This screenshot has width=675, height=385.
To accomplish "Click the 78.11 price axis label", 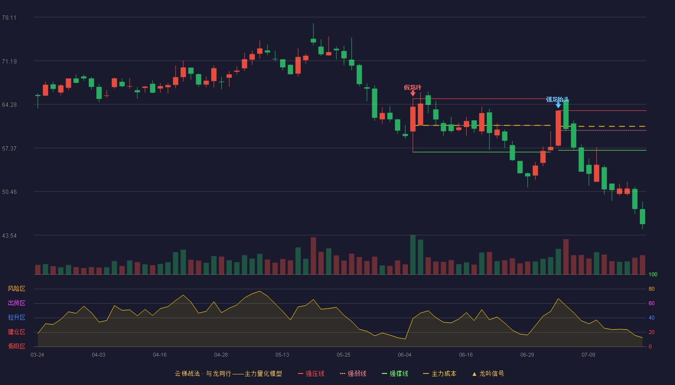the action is [x=9, y=18].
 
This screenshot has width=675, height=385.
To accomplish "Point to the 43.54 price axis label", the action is [x=9, y=236].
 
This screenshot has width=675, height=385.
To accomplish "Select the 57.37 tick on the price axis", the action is [x=9, y=149].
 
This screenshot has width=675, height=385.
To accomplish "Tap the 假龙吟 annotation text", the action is [x=413, y=88].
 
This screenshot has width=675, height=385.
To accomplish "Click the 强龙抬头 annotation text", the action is [x=557, y=100].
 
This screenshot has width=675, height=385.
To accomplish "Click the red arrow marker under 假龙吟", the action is [x=413, y=93].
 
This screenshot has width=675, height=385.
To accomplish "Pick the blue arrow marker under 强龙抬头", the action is [x=558, y=105].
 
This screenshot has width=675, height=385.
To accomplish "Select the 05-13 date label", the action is [x=282, y=355].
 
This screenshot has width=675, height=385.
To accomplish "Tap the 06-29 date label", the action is [x=527, y=355].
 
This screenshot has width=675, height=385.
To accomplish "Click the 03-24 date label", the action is [x=38, y=355].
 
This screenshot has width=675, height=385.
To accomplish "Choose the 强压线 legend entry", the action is [x=311, y=373].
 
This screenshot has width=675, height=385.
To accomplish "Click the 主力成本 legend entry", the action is [x=440, y=373].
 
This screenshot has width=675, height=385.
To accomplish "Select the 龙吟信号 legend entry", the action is [x=488, y=373].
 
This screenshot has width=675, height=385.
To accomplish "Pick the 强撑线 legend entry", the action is [x=395, y=373].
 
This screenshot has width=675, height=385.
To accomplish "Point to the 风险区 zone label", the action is [x=16, y=289].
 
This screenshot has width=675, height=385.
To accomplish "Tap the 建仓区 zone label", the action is [x=16, y=332].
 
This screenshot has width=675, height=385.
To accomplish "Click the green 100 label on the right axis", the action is [x=653, y=274].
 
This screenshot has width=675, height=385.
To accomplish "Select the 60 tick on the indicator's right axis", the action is [x=651, y=303].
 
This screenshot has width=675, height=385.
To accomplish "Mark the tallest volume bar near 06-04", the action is [x=413, y=255].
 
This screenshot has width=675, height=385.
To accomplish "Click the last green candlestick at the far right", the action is [x=642, y=217].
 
